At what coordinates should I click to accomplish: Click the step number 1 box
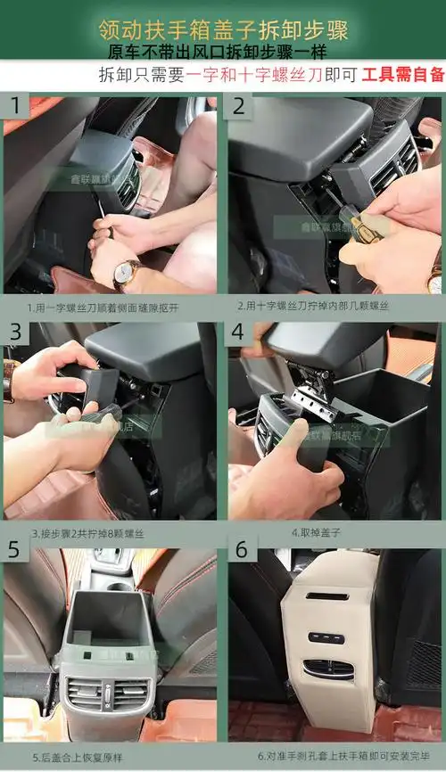coord(15,107)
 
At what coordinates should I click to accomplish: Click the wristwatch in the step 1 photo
coord(126,273)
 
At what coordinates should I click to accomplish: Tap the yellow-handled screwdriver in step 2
coord(366,228)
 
